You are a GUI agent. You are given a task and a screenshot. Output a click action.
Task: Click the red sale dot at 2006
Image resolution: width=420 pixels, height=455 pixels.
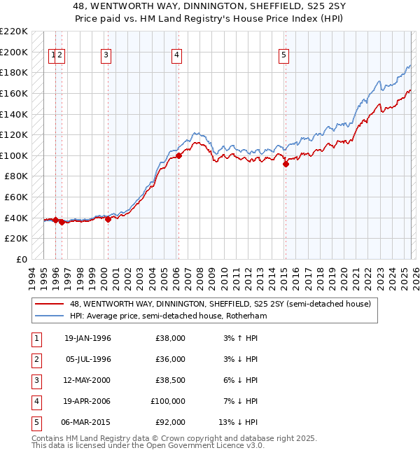click(178, 155)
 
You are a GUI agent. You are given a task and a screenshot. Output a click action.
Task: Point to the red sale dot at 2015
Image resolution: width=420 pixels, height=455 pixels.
click(286, 164)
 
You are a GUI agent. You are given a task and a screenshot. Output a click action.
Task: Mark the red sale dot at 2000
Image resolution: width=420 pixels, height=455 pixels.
click(108, 219)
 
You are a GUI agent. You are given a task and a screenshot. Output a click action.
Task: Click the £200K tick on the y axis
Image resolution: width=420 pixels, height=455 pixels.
click(15, 52)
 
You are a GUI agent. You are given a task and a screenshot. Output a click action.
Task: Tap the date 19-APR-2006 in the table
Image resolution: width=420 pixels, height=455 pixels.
click(87, 402)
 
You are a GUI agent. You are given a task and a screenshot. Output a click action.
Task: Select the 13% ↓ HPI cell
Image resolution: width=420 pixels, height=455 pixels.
click(238, 423)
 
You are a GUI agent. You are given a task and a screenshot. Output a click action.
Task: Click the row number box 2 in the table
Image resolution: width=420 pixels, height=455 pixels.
click(36, 360)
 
